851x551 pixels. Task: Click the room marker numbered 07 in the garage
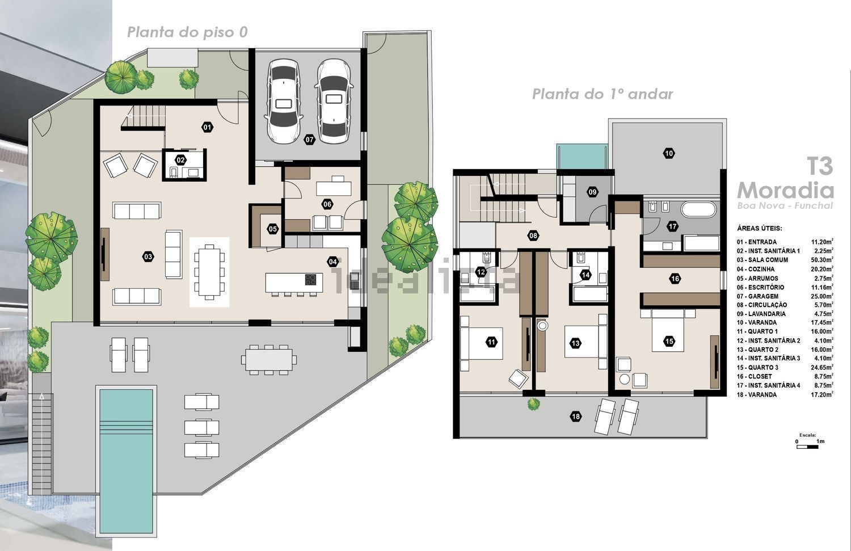click(310, 140)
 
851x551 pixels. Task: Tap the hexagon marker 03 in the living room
click(148, 257)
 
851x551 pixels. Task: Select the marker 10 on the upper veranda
click(669, 154)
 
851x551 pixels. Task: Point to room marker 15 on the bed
click(669, 341)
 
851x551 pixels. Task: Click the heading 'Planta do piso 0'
click(187, 32)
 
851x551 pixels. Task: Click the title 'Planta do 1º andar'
click(603, 94)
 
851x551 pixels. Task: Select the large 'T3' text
click(820, 166)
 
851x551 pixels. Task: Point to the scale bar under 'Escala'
click(807, 447)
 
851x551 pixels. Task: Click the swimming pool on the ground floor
click(126, 461)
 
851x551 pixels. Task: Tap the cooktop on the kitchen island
click(310, 279)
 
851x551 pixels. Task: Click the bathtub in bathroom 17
click(698, 209)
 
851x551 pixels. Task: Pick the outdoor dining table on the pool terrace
click(269, 359)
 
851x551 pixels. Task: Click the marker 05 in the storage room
click(273, 229)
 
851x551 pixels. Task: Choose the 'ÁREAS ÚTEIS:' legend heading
click(760, 228)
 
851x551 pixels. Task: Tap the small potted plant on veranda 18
click(534, 403)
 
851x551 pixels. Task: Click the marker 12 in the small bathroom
click(481, 272)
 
